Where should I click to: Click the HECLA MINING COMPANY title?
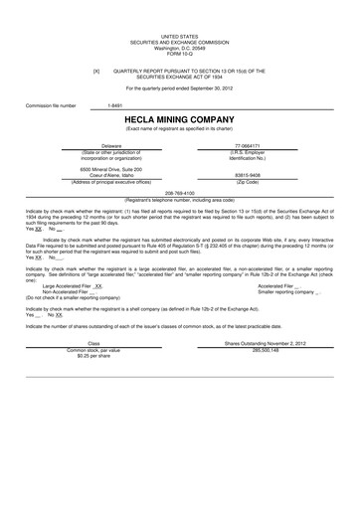[179, 119]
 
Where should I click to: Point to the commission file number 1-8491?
[115, 104]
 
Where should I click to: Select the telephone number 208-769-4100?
[179, 193]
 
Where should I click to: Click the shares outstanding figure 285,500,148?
[265, 350]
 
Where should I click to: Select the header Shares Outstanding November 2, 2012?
[265, 343]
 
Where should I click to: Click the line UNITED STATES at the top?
[179, 35]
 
